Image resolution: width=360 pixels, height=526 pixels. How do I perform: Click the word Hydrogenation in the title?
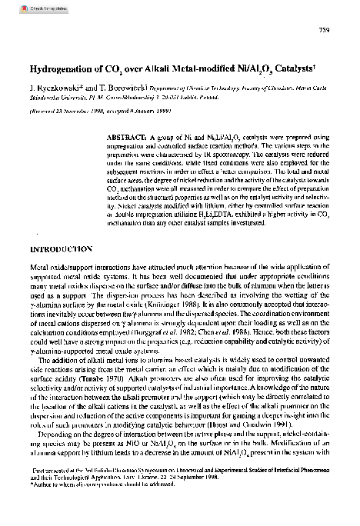pos(65,68)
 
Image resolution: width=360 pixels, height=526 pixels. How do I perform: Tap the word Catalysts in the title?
pos(288,68)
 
